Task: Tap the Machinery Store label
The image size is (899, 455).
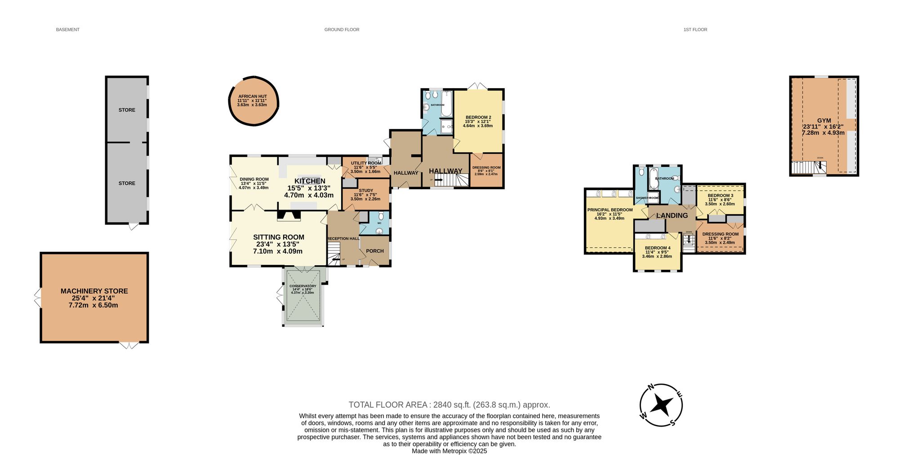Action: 94,291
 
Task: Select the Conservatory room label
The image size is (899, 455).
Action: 303,286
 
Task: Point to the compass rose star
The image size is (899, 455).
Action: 661,405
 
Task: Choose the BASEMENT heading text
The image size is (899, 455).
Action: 67,30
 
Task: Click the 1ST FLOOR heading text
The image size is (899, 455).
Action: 695,30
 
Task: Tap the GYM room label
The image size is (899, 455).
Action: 823,120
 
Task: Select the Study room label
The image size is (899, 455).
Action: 365,191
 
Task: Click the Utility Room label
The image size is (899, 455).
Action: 365,163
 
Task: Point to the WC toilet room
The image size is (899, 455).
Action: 379,223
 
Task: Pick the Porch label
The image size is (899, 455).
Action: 375,251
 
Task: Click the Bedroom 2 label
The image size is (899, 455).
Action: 478,117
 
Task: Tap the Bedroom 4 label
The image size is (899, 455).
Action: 657,248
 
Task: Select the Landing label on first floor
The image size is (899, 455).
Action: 672,215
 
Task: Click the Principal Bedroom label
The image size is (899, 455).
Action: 610,210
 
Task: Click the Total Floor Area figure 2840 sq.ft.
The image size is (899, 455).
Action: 449,405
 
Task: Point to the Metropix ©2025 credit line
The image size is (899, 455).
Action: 449,451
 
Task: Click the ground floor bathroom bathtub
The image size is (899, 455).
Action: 447,104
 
